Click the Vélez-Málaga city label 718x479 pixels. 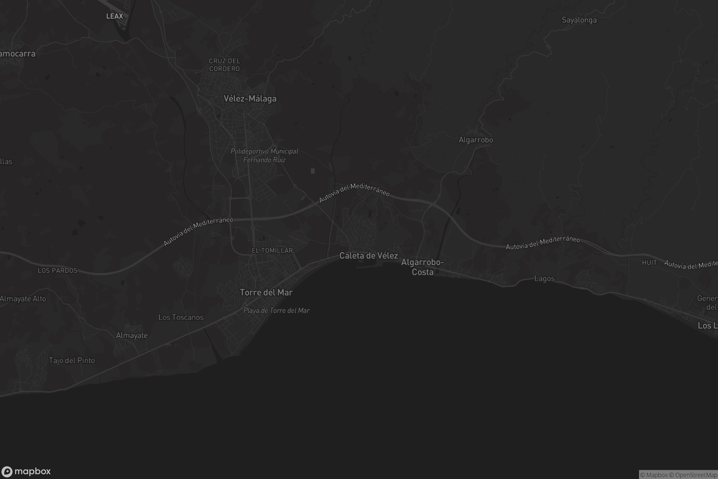(250, 99)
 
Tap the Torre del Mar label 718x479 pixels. (266, 293)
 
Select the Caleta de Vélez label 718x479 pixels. (369, 256)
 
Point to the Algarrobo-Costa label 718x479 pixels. (422, 267)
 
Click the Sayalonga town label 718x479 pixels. (579, 20)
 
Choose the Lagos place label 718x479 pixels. (544, 279)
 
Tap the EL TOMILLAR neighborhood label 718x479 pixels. (272, 251)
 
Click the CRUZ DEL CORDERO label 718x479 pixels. (224, 65)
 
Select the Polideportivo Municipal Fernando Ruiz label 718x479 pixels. (264, 155)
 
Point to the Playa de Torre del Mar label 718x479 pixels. (276, 311)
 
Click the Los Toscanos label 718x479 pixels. (181, 317)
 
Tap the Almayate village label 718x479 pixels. (132, 335)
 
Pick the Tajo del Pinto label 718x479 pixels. (72, 360)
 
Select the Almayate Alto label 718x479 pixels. (23, 299)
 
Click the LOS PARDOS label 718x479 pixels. (57, 271)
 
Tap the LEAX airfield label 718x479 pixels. (115, 16)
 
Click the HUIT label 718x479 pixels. (649, 263)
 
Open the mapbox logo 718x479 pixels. (26, 471)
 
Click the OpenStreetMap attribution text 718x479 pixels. (696, 475)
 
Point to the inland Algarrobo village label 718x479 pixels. (476, 140)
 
